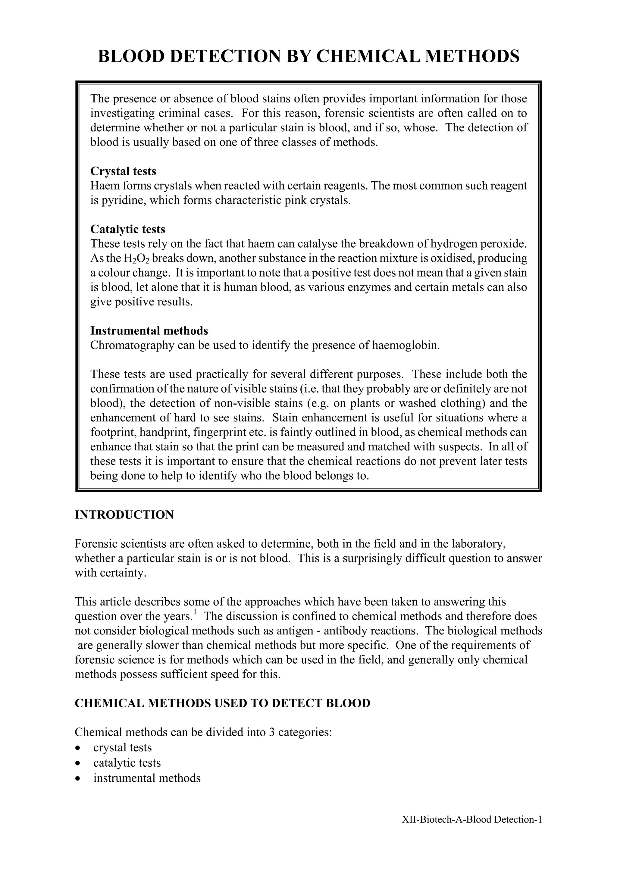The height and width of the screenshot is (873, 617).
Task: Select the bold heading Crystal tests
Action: [123, 171]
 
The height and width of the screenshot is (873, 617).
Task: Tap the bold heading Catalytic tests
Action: [128, 229]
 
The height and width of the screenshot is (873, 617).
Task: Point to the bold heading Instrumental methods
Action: [149, 331]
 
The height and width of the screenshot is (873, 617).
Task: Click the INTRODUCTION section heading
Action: [124, 515]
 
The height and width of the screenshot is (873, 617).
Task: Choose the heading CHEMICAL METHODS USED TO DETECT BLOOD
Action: [222, 703]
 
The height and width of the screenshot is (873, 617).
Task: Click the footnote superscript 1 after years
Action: [195, 612]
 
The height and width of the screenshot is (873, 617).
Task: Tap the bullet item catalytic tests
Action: [127, 763]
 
